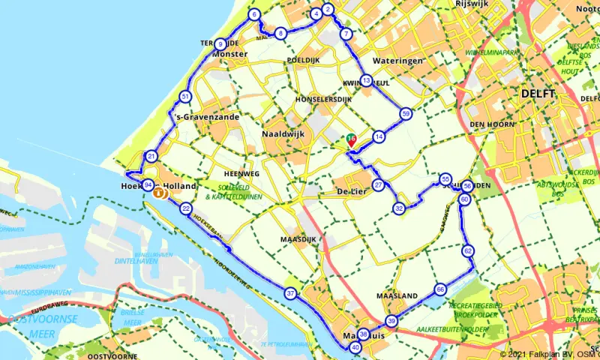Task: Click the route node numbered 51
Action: coord(185,97)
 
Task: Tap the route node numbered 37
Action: coord(291,292)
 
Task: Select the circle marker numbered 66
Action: coord(440,289)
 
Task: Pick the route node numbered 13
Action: coord(366,80)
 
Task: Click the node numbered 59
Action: coord(406,113)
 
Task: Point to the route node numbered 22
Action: coord(186,208)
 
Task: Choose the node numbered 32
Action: coord(400,208)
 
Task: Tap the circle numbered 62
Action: coord(468,250)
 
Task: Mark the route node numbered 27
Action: coord(379,184)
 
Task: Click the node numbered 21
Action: coord(151,157)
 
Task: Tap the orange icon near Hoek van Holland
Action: coord(159,193)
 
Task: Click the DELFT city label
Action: coord(538,94)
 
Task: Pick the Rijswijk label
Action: coord(473,4)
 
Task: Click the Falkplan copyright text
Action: coord(548,354)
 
